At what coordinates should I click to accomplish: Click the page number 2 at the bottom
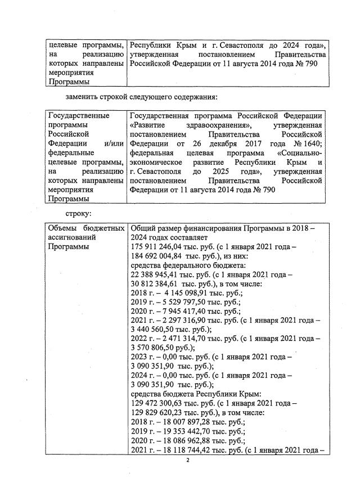click(190, 460)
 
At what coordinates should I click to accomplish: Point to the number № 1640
click(308, 143)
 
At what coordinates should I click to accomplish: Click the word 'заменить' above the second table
click(83, 97)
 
